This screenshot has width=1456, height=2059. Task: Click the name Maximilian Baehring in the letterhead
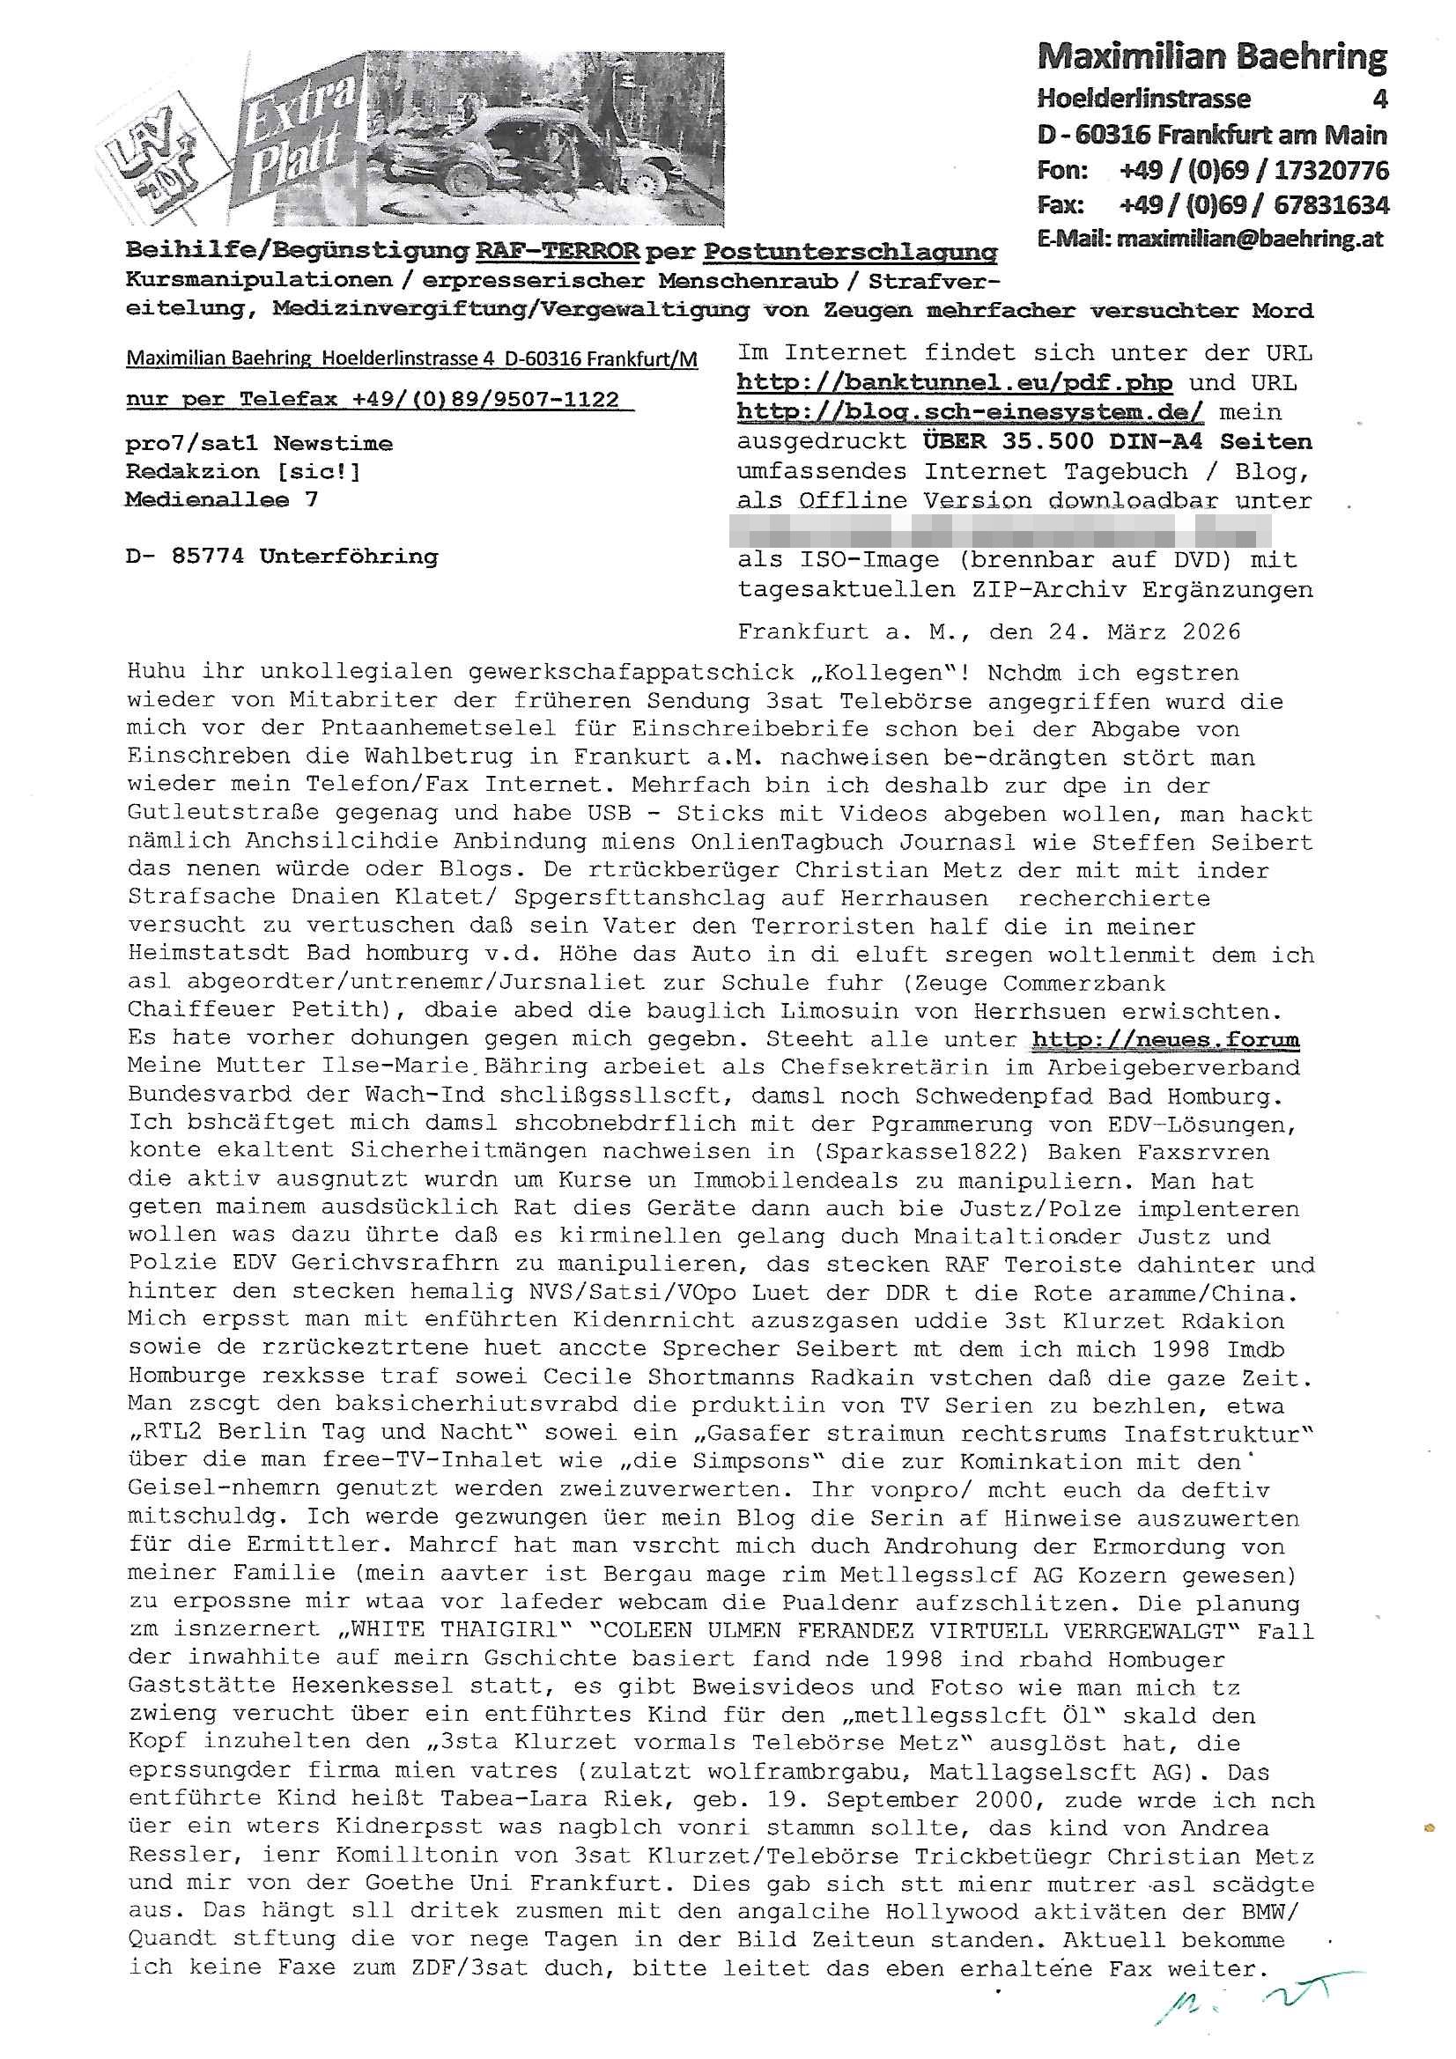1211,57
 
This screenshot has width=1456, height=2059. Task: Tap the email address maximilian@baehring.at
1249,240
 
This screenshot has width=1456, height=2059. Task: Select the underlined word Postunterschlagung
848,252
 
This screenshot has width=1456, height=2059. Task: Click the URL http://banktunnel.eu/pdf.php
954,383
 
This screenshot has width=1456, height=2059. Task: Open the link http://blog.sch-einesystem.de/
970,412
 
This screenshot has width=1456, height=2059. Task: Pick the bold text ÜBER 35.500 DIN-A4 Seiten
1117,442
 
